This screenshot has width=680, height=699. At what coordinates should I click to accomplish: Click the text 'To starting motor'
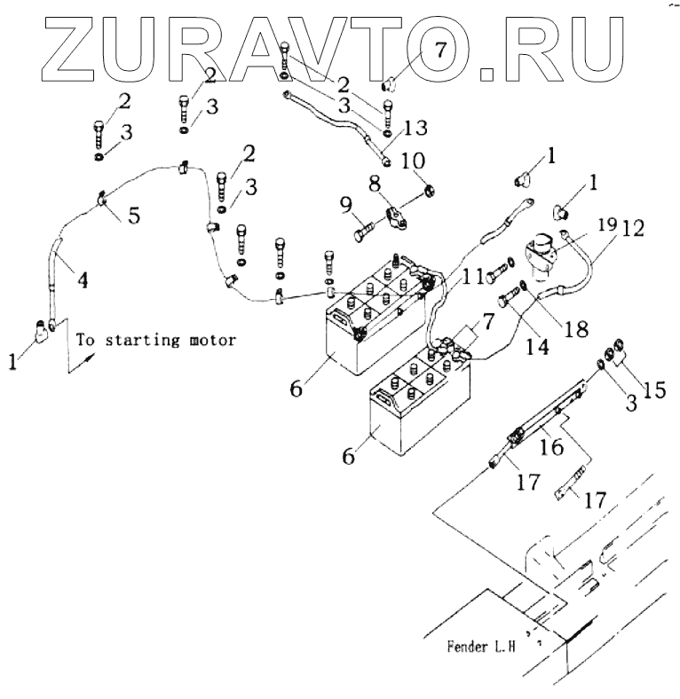coord(157,339)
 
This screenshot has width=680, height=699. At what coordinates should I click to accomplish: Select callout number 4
coord(81,279)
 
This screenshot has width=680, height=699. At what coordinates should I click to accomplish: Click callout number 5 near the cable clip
coord(132,215)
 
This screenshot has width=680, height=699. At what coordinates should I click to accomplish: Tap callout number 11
coord(473,278)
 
